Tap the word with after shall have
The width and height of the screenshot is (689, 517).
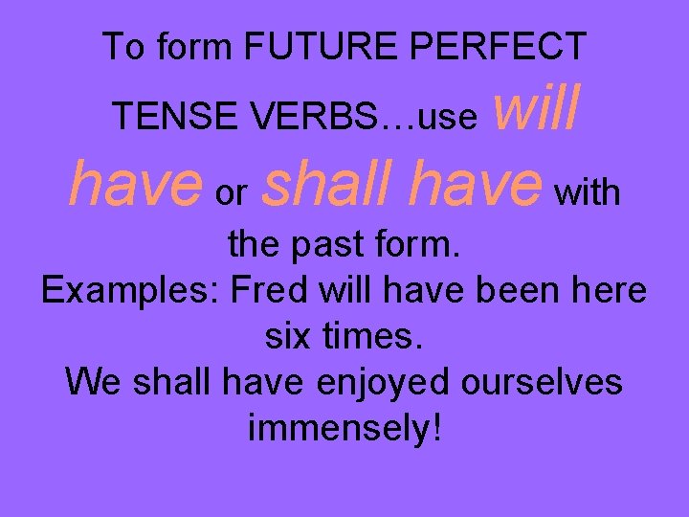588,192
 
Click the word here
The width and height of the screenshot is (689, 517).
607,290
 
